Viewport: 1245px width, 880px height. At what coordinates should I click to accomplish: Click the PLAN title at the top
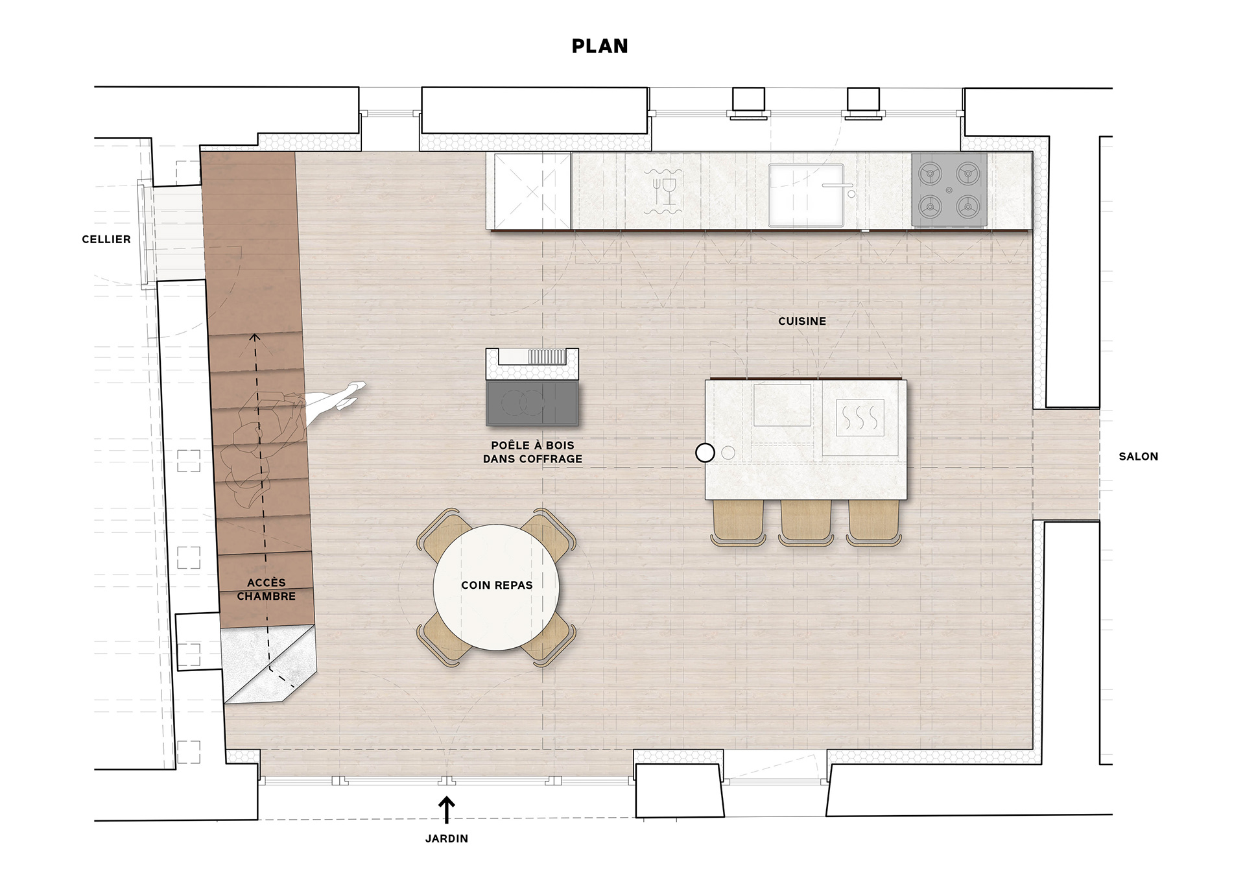pos(600,46)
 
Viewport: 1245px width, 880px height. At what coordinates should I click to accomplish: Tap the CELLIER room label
pos(106,239)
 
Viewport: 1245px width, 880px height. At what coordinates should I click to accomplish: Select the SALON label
pos(1139,457)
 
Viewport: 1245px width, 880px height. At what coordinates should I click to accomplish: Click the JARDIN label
pos(447,838)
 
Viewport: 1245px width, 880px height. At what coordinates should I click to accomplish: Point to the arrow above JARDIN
pos(446,811)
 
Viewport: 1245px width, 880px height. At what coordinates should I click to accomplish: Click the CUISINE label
pos(802,321)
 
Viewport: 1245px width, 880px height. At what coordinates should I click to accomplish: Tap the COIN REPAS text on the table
pos(497,585)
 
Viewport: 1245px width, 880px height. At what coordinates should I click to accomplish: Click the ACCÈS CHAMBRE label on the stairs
pos(266,589)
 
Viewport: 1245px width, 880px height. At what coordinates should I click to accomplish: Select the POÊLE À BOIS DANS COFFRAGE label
pos(532,452)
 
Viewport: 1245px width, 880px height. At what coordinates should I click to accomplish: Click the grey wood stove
pos(532,403)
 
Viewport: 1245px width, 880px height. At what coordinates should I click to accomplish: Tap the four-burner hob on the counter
pos(949,190)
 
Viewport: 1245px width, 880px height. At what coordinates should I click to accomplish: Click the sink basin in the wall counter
pos(806,195)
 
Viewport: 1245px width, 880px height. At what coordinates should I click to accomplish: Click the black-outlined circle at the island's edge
pos(705,453)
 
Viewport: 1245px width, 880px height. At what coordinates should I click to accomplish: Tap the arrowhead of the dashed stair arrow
pos(255,337)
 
